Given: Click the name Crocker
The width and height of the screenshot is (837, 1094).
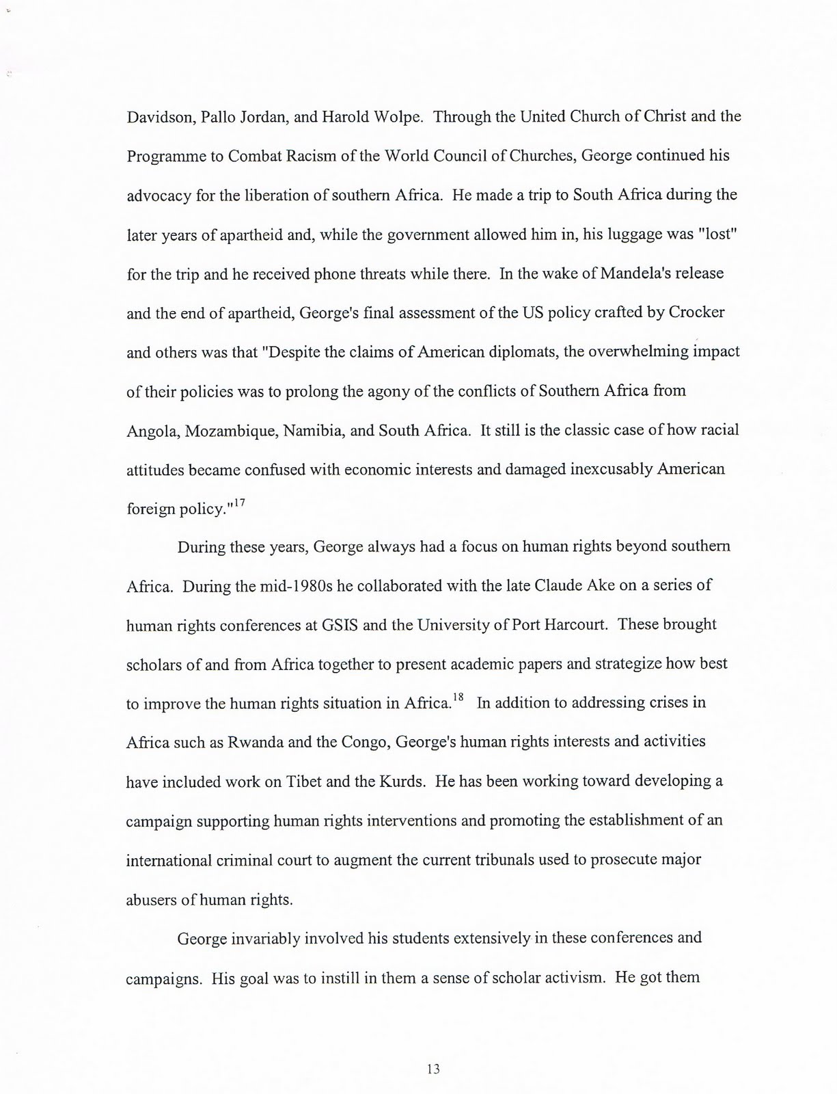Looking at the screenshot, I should pyautogui.click(x=696, y=312).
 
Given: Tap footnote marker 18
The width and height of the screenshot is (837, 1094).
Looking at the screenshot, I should pyautogui.click(x=458, y=697).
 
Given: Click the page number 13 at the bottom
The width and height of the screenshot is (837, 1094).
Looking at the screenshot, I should pyautogui.click(x=433, y=1068).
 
